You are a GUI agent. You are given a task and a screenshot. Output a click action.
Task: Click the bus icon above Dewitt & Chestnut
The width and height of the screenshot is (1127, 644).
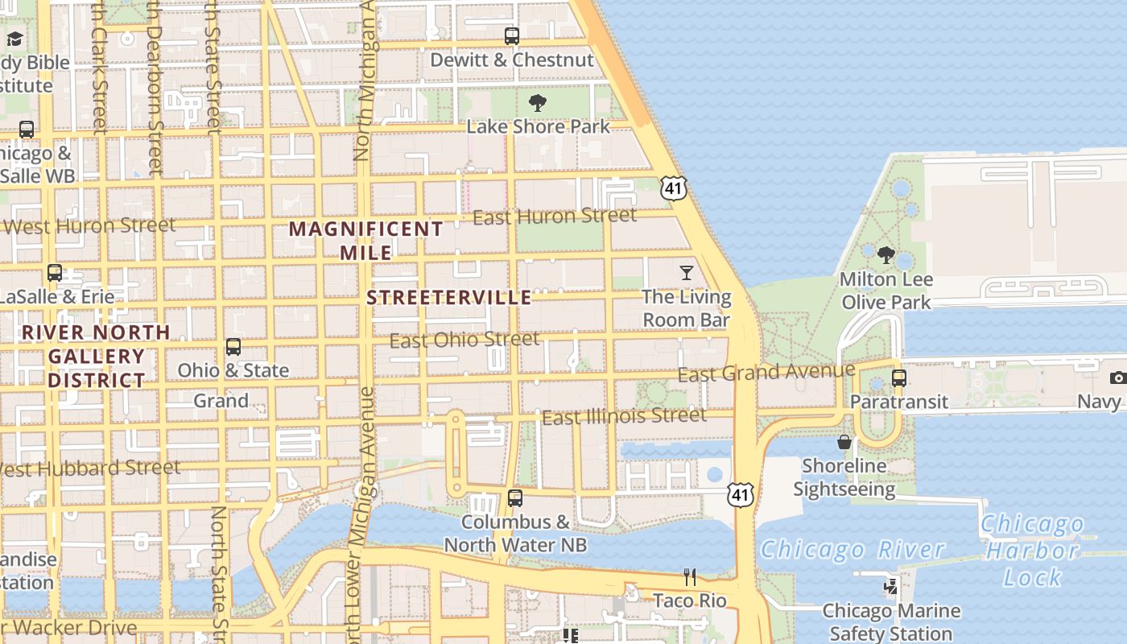(512, 35)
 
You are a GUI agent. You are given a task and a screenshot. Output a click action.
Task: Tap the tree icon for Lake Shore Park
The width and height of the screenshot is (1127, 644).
(538, 103)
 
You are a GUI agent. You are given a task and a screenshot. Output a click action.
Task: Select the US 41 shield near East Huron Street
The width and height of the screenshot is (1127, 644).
(673, 188)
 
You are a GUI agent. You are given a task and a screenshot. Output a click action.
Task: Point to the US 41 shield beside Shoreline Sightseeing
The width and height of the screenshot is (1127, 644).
(740, 494)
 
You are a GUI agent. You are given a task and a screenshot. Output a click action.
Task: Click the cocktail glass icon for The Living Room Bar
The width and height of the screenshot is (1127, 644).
(687, 273)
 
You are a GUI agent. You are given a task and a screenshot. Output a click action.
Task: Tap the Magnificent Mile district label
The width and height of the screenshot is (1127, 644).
(366, 241)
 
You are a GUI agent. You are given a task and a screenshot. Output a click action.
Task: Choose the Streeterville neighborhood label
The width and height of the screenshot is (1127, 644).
(449, 298)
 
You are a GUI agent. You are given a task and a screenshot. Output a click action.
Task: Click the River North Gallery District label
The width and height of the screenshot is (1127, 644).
(96, 356)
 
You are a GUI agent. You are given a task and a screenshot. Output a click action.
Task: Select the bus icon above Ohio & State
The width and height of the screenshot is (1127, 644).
(233, 347)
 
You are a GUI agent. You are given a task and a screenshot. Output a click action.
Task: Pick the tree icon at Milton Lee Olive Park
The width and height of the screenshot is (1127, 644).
(886, 256)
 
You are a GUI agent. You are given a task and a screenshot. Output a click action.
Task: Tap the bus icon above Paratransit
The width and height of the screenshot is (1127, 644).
(899, 378)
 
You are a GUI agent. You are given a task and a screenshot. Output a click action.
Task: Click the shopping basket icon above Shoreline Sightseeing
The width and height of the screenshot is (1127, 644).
(844, 442)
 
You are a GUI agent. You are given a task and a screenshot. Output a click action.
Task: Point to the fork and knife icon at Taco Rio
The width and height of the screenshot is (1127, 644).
(690, 576)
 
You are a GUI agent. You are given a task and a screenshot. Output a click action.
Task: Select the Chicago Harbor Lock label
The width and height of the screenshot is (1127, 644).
(1033, 551)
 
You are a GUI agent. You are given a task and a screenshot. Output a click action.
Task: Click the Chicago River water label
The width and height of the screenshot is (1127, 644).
(852, 550)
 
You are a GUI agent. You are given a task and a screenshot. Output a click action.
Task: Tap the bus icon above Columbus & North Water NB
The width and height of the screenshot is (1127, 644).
(515, 498)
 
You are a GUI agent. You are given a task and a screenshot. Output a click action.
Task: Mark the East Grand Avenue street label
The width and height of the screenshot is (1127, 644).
(766, 372)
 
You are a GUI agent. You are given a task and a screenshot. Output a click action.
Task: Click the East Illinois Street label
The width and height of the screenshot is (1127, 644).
(624, 416)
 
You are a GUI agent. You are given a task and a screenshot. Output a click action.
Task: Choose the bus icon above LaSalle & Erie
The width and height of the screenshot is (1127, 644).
(55, 273)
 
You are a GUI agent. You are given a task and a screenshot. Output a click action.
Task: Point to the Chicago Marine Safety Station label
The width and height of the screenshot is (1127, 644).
(891, 622)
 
